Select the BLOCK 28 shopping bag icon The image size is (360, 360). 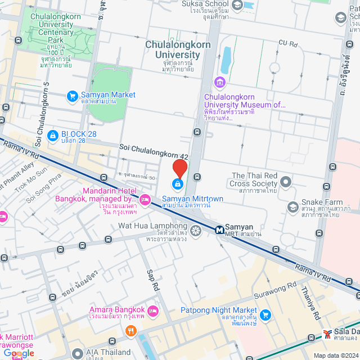tap(52, 135)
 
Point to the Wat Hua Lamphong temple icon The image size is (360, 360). tap(196, 230)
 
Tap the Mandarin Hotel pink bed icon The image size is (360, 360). tap(145, 199)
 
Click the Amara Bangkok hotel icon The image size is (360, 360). tap(154, 310)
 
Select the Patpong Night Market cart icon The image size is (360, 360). tap(264, 314)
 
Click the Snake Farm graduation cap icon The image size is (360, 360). tap(292, 207)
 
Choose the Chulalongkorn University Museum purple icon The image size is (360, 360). tap(220, 84)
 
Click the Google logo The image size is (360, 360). tap(18, 353)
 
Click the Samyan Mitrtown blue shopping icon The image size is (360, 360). tap(178, 184)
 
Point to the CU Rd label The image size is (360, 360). tap(287, 43)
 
